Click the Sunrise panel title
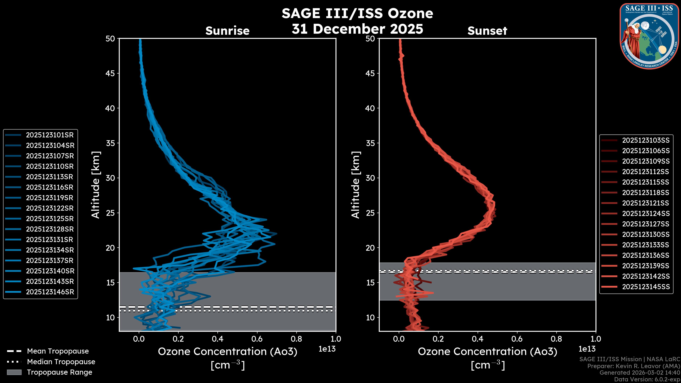click(x=227, y=31)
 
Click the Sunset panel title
click(x=487, y=31)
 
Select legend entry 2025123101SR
click(x=50, y=135)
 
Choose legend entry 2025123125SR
click(x=50, y=219)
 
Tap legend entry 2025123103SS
click(x=646, y=140)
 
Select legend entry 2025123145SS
click(x=646, y=287)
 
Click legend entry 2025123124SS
click(x=646, y=213)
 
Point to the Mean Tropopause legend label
click(x=58, y=351)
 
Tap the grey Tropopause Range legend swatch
click(x=14, y=372)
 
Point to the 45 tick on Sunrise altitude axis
click(x=110, y=73)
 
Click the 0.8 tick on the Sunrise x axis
click(x=296, y=339)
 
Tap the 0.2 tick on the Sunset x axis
click(x=438, y=339)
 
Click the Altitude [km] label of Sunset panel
click(x=356, y=185)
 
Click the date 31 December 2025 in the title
click(x=357, y=29)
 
